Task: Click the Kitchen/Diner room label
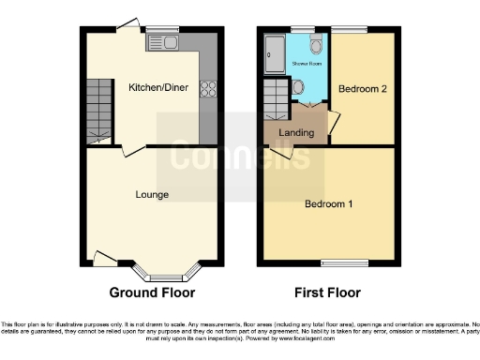pos(158,88)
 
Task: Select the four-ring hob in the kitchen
pos(206,90)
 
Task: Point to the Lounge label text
pos(151,195)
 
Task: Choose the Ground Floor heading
pos(153,292)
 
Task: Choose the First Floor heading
pos(327,292)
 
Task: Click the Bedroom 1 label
pos(328,203)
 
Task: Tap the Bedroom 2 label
pos(362,90)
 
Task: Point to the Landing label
pos(296,132)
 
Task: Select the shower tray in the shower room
pos(274,53)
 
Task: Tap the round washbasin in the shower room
pos(297,87)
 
